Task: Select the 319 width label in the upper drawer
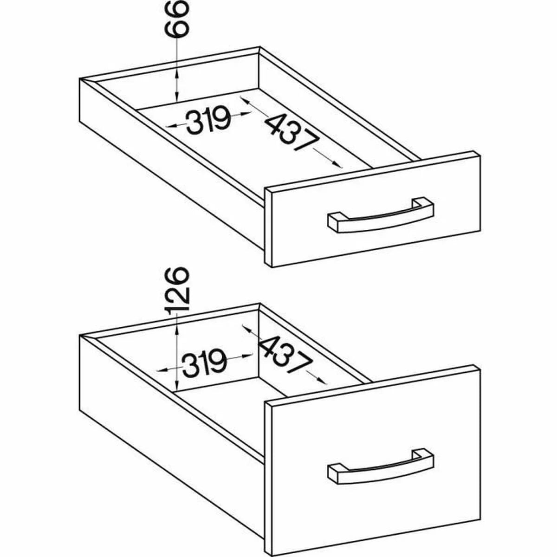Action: click(209, 120)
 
